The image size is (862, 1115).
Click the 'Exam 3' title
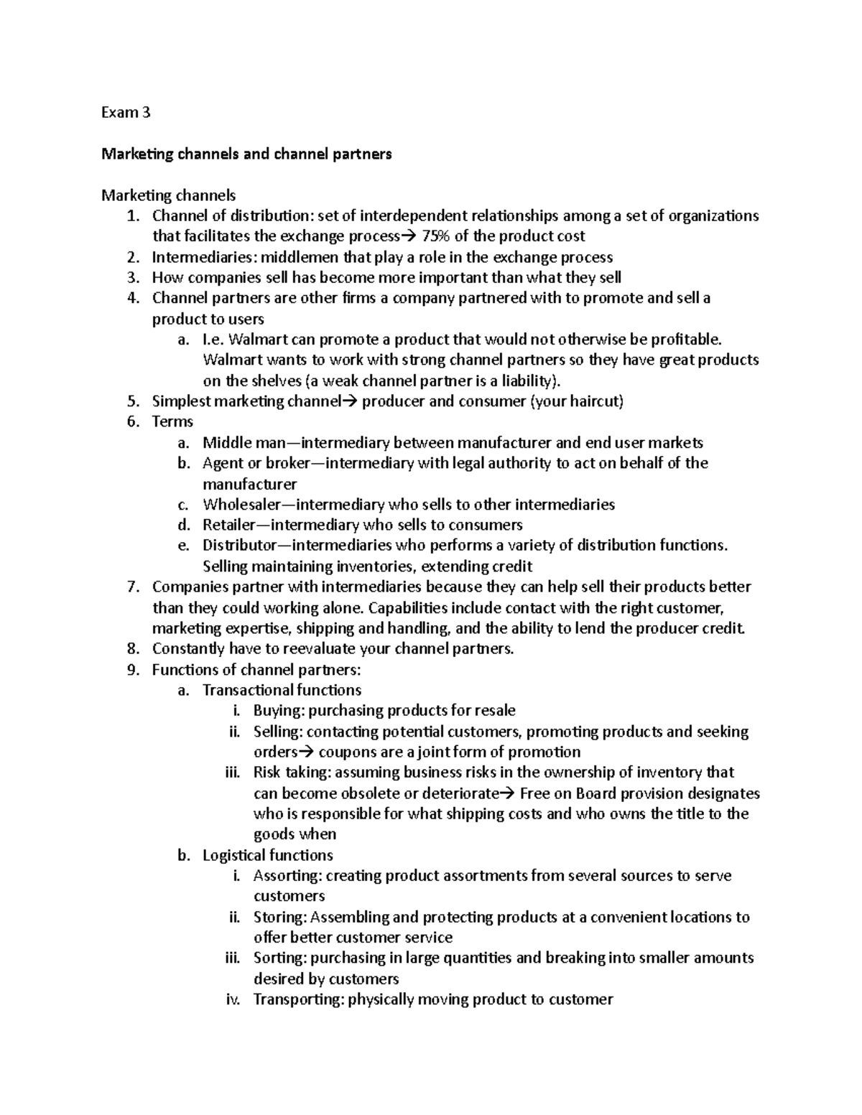[x=126, y=113]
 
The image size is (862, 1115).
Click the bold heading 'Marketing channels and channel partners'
[x=246, y=154]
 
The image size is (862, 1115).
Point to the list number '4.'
[x=132, y=298]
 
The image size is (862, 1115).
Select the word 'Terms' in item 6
[x=172, y=421]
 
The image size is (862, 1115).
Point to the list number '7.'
[x=132, y=587]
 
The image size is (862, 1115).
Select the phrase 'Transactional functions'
[x=282, y=690]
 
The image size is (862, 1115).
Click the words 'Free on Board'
[x=567, y=794]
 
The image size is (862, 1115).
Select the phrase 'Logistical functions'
[x=267, y=855]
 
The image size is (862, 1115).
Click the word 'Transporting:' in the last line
[x=298, y=999]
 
